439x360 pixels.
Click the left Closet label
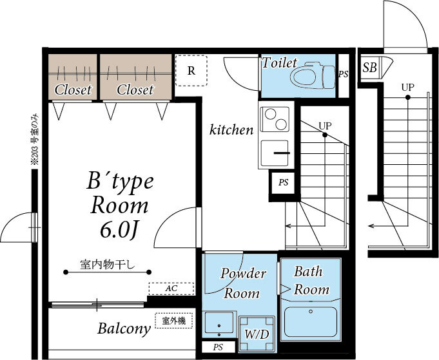[x=73, y=90]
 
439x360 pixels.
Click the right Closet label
[x=135, y=90]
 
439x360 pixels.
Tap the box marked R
[x=191, y=71]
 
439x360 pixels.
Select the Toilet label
[x=279, y=63]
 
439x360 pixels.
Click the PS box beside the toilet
[x=343, y=75]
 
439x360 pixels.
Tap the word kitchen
[x=231, y=130]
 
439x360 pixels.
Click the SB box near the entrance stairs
[x=370, y=68]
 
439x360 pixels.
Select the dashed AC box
[x=171, y=289]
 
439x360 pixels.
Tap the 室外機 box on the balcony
[x=173, y=320]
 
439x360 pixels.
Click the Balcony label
[x=124, y=328]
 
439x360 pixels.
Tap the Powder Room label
[x=242, y=283]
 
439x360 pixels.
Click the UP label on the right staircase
[x=407, y=87]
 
